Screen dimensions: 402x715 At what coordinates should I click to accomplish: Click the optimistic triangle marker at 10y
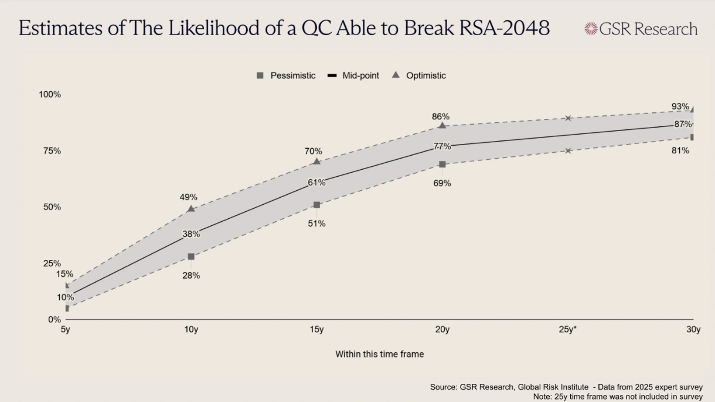[x=190, y=208]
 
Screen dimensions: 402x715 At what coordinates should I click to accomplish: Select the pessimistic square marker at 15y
[x=316, y=205]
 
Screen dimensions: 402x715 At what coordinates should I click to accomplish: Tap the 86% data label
[x=441, y=116]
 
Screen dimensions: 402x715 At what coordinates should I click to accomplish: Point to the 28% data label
[x=191, y=275]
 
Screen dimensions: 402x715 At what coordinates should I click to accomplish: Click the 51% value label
[x=316, y=224]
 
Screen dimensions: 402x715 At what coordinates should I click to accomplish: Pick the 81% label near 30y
[x=680, y=150]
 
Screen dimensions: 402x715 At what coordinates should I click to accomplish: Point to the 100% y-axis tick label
[x=50, y=94]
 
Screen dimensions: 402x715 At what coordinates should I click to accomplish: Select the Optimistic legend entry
[x=419, y=75]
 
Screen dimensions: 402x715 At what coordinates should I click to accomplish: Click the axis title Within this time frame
[x=379, y=354]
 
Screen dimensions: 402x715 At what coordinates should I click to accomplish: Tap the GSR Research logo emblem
[x=590, y=28]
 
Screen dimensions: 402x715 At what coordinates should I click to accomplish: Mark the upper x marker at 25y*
[x=568, y=118]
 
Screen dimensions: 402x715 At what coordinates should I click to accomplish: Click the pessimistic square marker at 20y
[x=442, y=164]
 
